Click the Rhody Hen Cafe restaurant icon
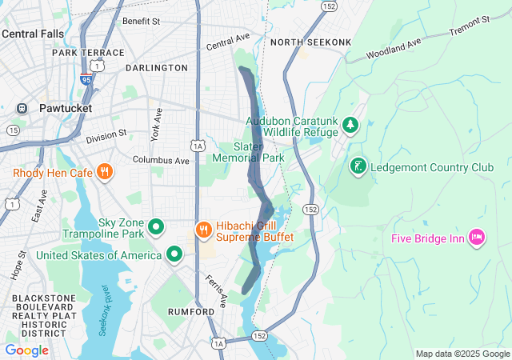click(x=104, y=172)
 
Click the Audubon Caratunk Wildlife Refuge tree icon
click(x=349, y=125)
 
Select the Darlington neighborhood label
click(x=156, y=68)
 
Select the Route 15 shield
click(x=13, y=130)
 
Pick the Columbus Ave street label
click(x=161, y=160)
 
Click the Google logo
click(x=26, y=350)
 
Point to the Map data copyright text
click(x=462, y=354)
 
